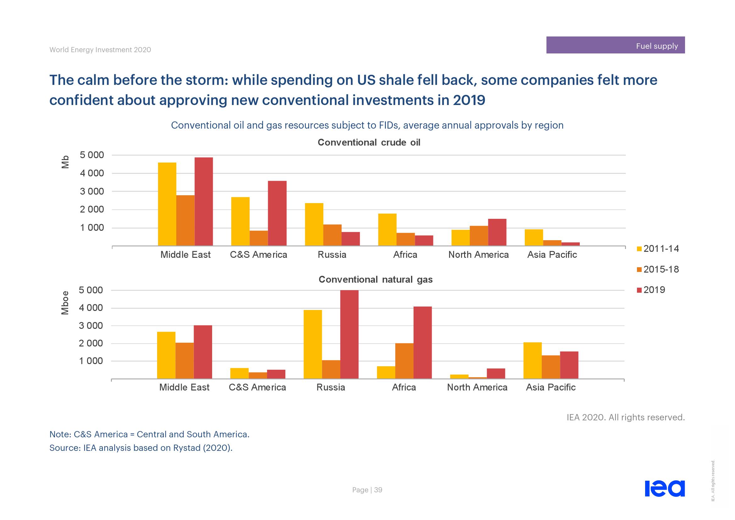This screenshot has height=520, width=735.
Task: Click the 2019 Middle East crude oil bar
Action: [204, 202]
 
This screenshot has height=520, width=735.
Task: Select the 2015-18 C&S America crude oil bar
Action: [259, 238]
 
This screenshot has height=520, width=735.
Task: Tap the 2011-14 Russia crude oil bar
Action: [314, 224]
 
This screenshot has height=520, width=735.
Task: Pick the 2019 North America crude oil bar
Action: [497, 232]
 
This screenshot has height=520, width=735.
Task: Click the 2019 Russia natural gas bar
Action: [349, 334]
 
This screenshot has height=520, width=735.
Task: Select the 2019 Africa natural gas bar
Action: [423, 343]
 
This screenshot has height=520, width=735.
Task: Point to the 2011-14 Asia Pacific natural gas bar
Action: [532, 361]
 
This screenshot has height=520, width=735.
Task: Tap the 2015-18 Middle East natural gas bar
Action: [184, 361]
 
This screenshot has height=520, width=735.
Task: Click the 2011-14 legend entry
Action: [657, 249]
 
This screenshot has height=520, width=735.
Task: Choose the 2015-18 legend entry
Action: [657, 269]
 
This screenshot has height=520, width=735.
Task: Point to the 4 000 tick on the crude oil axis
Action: [92, 173]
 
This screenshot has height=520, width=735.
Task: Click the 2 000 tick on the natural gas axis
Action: [91, 343]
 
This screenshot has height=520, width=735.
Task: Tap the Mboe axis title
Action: [65, 302]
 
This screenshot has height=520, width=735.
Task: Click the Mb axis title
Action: [65, 162]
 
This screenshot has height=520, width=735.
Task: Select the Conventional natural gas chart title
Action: [376, 279]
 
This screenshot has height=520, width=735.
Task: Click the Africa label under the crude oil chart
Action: [405, 255]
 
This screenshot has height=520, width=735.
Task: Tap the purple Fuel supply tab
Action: [615, 45]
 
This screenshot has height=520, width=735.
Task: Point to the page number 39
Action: [378, 490]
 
